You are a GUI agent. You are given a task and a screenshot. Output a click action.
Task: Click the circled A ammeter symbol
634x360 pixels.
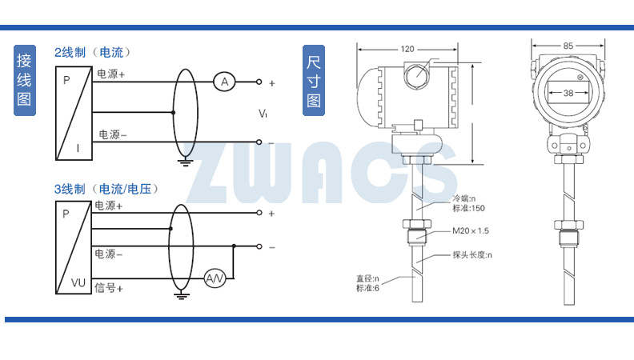225,82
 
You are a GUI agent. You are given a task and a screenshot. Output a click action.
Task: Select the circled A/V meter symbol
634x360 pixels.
215,278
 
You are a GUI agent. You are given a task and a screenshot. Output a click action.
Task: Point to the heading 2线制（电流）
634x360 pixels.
92,53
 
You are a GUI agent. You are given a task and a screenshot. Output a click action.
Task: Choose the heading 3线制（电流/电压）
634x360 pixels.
106,190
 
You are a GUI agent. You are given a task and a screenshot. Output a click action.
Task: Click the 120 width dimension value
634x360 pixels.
407,49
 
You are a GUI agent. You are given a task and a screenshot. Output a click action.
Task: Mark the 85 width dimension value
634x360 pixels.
568,46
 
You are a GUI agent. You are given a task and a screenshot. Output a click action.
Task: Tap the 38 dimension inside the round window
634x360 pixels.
568,93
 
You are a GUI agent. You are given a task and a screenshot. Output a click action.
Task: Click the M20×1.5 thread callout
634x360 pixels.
469,231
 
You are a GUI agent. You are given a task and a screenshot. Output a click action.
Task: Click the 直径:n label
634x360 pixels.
368,279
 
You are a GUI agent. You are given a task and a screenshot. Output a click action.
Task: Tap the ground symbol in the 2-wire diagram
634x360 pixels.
185,162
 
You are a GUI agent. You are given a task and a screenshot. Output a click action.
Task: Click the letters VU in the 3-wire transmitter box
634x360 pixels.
78,282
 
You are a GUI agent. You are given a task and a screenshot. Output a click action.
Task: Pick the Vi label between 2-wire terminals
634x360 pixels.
263,114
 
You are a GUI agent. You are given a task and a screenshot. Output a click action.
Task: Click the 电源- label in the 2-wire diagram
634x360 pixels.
112,134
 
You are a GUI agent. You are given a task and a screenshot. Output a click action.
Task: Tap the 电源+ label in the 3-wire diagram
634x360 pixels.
109,206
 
